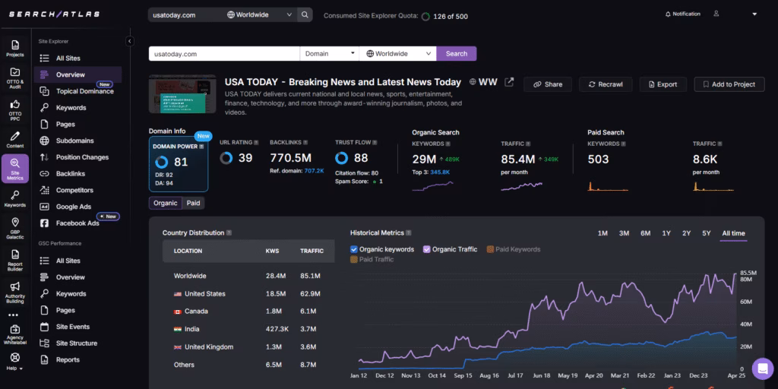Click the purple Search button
(456, 54)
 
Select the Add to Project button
(728, 84)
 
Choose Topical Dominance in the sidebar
(84, 91)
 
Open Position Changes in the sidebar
(82, 157)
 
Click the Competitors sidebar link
(74, 190)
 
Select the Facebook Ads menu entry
(77, 223)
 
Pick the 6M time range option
(645, 233)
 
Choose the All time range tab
(733, 233)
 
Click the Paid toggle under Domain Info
(194, 203)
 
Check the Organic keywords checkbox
(354, 249)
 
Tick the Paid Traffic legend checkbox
(354, 260)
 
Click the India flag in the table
(178, 329)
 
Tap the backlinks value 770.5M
(291, 158)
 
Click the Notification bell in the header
(668, 14)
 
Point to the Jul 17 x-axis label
(515, 375)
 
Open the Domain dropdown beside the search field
(330, 54)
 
